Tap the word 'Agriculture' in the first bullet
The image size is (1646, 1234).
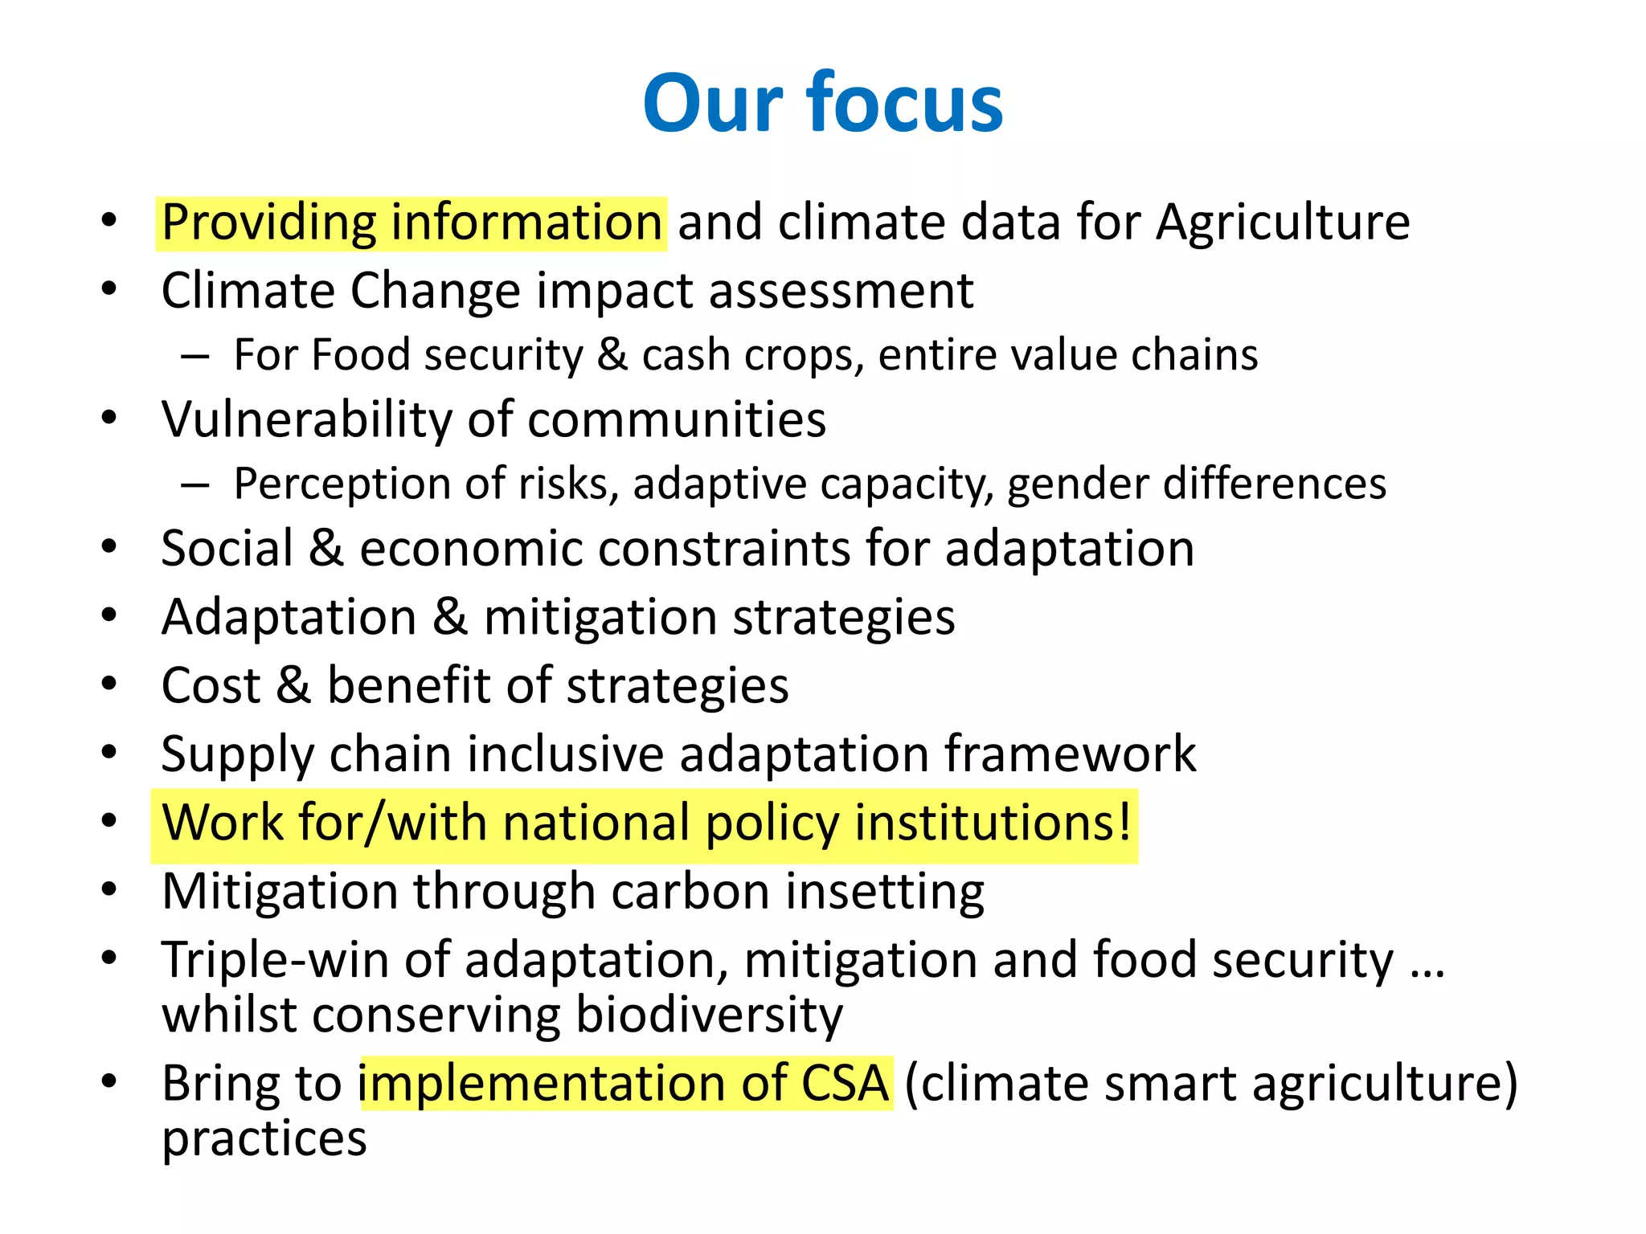[x=1283, y=223]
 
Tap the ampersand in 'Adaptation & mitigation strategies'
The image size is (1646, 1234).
[x=450, y=617]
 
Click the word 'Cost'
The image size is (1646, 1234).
[x=211, y=686]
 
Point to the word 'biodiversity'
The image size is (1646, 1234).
[x=710, y=1015]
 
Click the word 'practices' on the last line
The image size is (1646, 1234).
[x=264, y=1139]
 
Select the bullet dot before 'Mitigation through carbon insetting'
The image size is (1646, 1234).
[x=110, y=890]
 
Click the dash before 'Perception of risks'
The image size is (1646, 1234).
[x=195, y=485]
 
